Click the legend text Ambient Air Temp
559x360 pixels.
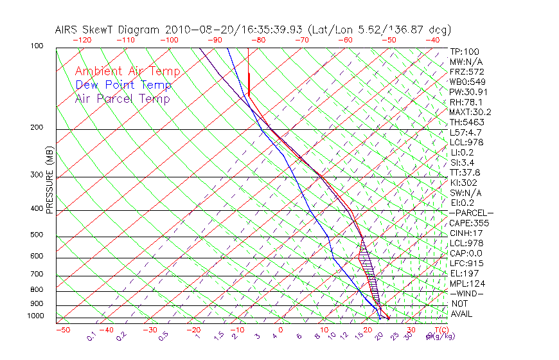point(127,71)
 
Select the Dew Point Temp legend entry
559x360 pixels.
point(123,85)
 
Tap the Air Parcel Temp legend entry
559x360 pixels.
point(122,98)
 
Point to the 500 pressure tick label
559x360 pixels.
point(37,235)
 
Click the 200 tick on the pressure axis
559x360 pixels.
point(37,128)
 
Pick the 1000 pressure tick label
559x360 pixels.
point(35,316)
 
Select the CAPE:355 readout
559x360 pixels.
point(469,223)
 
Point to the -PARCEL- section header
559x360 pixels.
point(472,213)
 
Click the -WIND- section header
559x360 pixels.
point(467,293)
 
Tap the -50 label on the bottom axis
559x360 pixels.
point(62,330)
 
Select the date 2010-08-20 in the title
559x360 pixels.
point(196,30)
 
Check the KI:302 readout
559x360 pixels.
point(464,183)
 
